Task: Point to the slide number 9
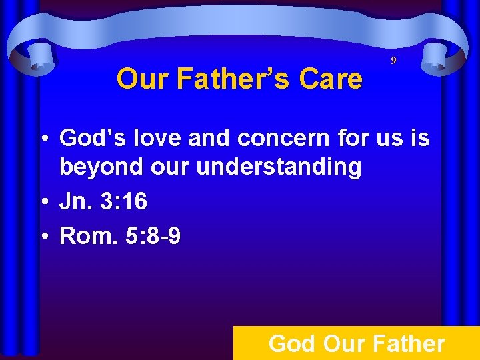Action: coord(393,61)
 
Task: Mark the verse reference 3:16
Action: coord(123,202)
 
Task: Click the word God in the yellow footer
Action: coord(292,344)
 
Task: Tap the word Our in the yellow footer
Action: coord(341,344)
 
